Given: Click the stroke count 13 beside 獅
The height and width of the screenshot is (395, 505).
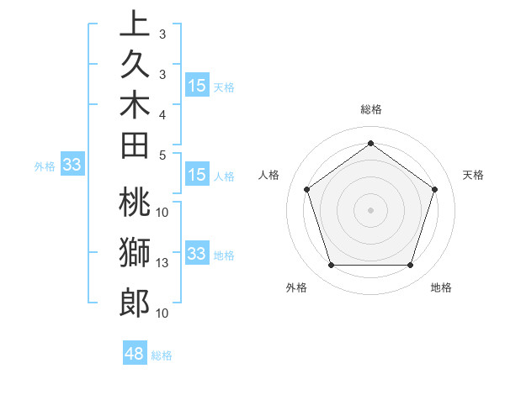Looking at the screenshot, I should click(x=162, y=263).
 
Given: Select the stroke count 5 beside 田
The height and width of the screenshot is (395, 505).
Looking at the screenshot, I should click(x=162, y=155).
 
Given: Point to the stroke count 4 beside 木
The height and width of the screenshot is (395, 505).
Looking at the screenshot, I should click(x=162, y=113).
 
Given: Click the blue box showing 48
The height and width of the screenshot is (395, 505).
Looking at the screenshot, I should click(x=135, y=354).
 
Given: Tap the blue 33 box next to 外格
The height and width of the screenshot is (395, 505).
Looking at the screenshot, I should click(x=72, y=166).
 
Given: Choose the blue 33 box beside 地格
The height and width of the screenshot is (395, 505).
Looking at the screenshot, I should click(x=197, y=254).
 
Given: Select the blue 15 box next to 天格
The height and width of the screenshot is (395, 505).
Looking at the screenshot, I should click(x=197, y=85).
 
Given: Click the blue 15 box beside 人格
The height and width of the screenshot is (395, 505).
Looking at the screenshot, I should click(x=197, y=175).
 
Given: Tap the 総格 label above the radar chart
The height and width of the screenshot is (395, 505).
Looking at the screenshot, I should click(x=371, y=109).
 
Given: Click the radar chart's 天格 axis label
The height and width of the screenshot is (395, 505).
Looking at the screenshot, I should click(x=473, y=175).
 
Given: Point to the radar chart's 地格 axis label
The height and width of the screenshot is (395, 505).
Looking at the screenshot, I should click(x=441, y=287).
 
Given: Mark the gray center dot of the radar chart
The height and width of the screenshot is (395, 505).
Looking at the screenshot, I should click(x=370, y=209).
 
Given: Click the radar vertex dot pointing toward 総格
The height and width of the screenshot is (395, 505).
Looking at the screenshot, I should click(x=370, y=143).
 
